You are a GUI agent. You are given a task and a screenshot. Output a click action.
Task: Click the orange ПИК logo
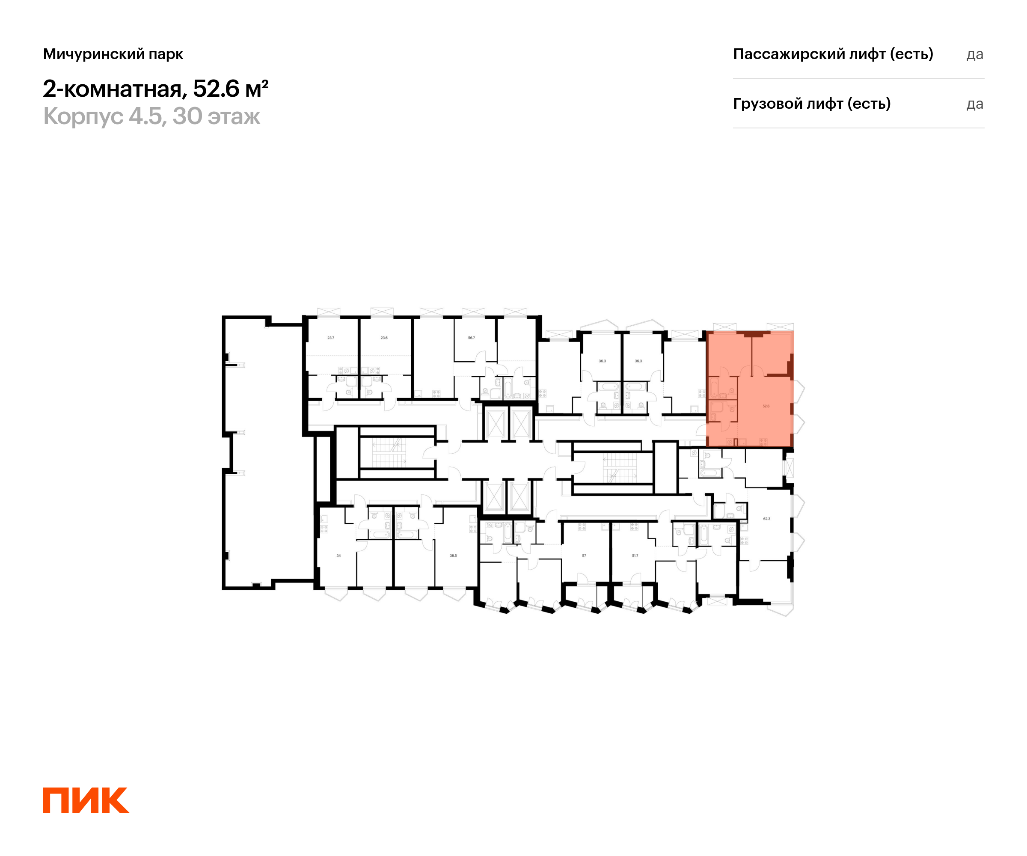click(86, 800)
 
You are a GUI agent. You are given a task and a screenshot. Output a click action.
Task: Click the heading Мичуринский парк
click(113, 54)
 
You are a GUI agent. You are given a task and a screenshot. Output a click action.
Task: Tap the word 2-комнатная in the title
click(113, 89)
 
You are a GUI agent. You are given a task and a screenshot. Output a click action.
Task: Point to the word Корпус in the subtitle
click(83, 116)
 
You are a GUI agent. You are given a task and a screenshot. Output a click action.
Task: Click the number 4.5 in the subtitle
click(145, 116)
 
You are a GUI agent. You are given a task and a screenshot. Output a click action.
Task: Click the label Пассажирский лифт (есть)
click(833, 54)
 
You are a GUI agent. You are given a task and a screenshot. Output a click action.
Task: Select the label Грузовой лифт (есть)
click(811, 104)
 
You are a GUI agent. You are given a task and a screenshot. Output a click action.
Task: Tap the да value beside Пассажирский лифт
click(975, 55)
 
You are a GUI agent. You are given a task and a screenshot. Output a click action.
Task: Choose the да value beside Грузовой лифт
click(975, 104)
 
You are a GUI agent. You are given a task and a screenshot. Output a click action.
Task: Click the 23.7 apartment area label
click(331, 338)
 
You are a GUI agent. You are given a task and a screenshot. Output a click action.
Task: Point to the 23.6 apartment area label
click(384, 338)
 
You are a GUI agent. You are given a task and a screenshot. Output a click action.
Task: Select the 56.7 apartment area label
click(472, 338)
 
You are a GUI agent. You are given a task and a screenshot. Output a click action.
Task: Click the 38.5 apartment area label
click(453, 556)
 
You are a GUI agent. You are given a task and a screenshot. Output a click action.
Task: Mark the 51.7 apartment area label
click(635, 556)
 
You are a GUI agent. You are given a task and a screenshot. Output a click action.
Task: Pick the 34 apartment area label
click(338, 556)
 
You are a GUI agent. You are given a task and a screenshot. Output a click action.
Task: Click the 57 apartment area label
click(584, 556)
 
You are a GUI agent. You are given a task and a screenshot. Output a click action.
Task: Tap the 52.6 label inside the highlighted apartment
click(766, 407)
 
